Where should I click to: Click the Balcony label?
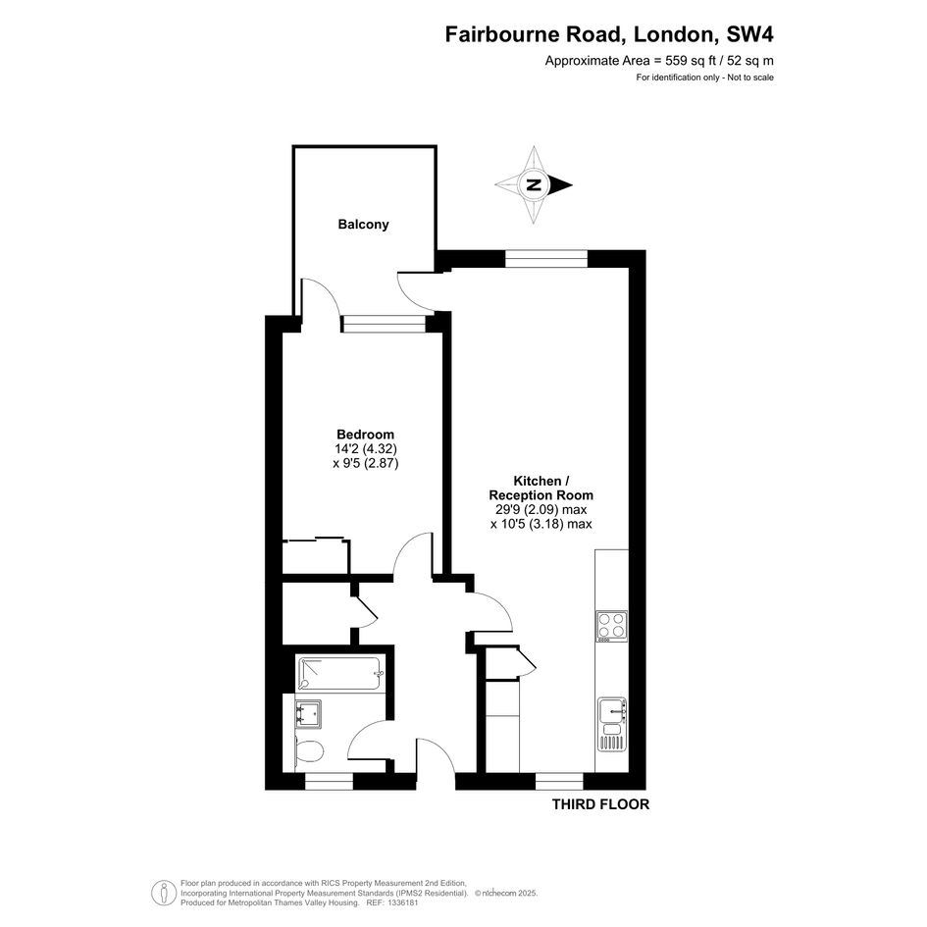click(x=363, y=224)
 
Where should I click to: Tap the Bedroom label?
click(x=365, y=435)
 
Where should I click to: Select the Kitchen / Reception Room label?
click(x=541, y=488)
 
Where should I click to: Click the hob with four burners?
click(x=611, y=626)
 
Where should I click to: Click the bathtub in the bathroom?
click(x=340, y=673)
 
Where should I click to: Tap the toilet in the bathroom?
click(x=308, y=752)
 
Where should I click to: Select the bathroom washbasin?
click(x=308, y=715)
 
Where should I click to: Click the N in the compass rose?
click(x=534, y=185)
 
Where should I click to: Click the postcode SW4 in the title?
click(x=749, y=34)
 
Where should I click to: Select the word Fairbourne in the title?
click(x=502, y=34)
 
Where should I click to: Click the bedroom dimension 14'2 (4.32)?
click(x=365, y=449)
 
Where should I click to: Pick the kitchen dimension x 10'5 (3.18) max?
click(x=541, y=524)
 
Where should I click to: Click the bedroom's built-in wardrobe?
click(x=316, y=555)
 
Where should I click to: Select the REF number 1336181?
click(x=401, y=902)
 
